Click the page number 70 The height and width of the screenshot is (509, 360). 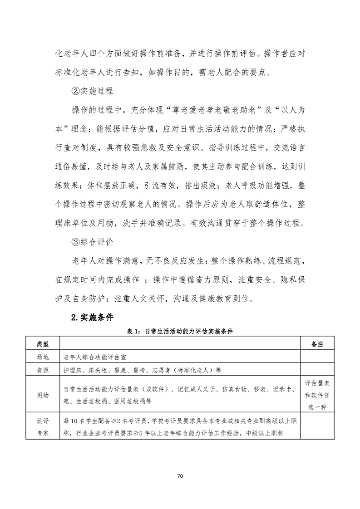click(x=180, y=476)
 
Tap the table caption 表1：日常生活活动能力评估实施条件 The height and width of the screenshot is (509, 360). click(x=180, y=332)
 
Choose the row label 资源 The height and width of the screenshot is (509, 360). click(x=42, y=370)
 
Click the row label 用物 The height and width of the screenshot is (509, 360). click(x=42, y=395)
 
